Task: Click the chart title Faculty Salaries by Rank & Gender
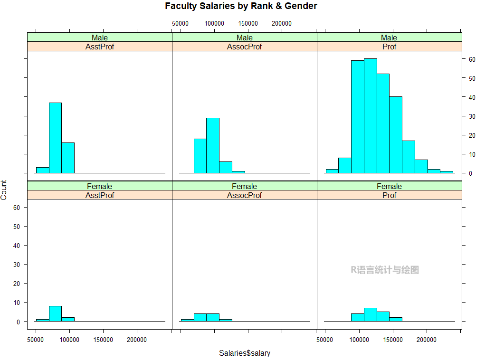click(241, 6)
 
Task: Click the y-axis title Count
click(4, 190)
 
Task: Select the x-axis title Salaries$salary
click(244, 353)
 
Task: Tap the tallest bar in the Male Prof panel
click(370, 116)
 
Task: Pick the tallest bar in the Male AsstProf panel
click(55, 138)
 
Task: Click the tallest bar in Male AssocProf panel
click(212, 145)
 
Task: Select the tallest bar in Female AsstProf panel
click(55, 313)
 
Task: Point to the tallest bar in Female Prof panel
click(370, 314)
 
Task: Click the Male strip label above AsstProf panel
click(100, 38)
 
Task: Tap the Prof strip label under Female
click(389, 195)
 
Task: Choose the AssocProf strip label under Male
click(244, 47)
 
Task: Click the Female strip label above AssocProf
click(244, 186)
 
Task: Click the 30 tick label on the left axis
click(17, 265)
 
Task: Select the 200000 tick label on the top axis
click(282, 23)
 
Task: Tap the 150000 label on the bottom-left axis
click(103, 340)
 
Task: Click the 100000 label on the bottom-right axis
click(359, 340)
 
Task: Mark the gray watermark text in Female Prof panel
click(385, 270)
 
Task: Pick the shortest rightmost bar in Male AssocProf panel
click(238, 172)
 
